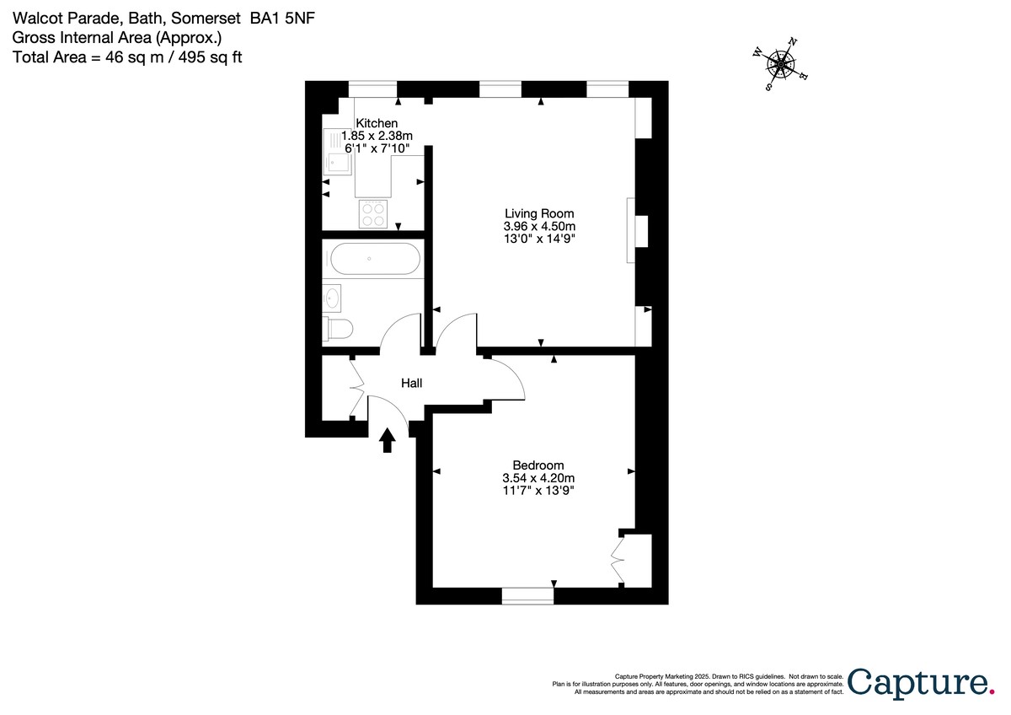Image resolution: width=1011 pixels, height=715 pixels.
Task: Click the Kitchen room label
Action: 377,123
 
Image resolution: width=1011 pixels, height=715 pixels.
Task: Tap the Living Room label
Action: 539,213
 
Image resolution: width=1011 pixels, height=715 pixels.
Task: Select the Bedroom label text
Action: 538,465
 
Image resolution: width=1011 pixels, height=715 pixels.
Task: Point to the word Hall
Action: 411,384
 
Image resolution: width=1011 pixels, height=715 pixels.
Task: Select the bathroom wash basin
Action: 332,297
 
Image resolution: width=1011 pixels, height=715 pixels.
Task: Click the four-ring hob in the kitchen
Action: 373,214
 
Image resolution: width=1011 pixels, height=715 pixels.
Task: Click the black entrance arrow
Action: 388,439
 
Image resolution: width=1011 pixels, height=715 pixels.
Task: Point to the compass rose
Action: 783,63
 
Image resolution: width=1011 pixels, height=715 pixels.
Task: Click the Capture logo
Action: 919,681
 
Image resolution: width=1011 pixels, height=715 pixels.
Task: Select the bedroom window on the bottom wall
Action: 527,596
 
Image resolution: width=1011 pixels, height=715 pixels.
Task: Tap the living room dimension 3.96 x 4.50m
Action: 539,227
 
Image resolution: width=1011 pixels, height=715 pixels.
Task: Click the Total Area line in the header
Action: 127,56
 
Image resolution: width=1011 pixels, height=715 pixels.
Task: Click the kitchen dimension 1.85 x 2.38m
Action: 377,136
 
